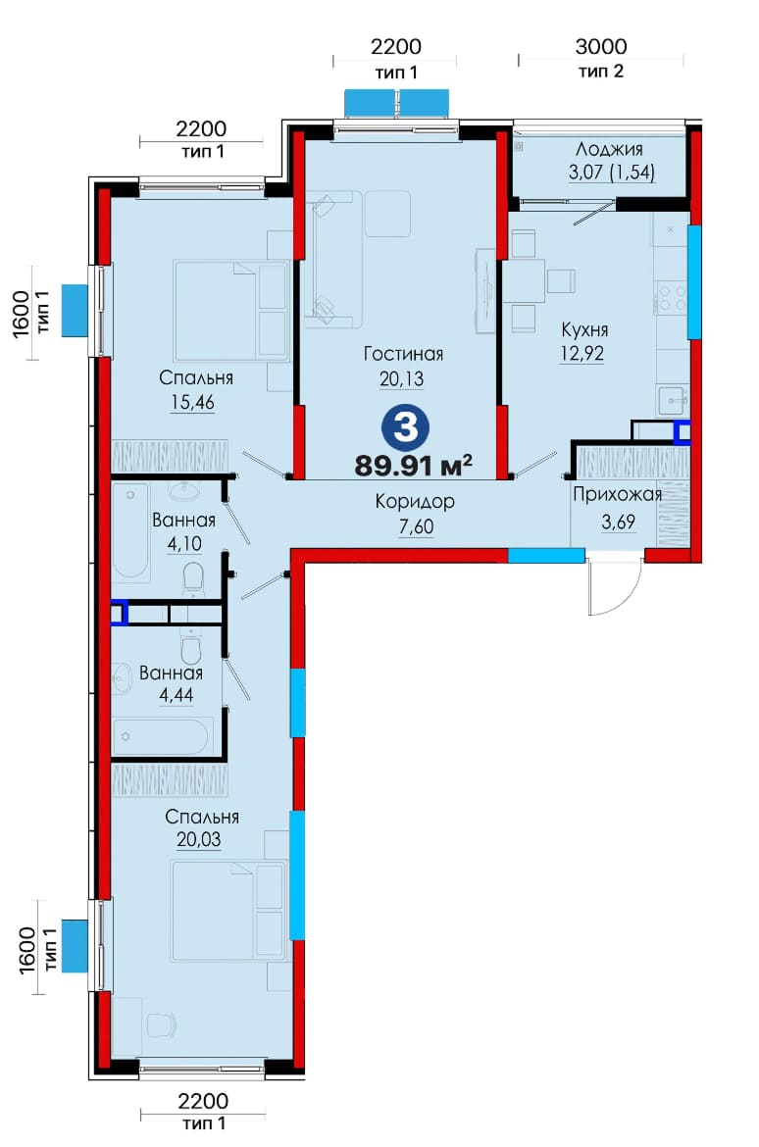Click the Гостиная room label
coord(403,354)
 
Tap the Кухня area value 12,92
coord(582,353)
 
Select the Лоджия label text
coord(609,150)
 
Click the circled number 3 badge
coord(405,427)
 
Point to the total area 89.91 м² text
coord(414,466)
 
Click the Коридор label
coord(415,502)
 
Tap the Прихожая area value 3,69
coord(619,522)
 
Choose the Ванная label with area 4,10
coord(183,521)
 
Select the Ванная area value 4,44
coord(177,695)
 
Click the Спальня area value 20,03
coord(198,840)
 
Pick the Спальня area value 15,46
coord(192,402)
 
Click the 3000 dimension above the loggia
coord(601,47)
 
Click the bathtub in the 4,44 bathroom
coord(163,735)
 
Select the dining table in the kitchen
coord(524,281)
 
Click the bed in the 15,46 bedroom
coord(232,310)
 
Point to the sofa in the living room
coord(333,259)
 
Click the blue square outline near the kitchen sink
coord(683,432)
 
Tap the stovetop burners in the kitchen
coord(671,298)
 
